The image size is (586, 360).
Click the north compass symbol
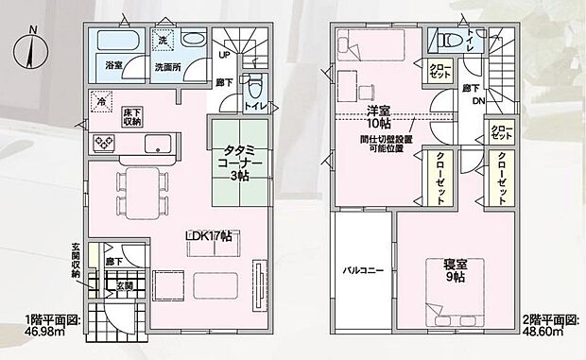point(32,43)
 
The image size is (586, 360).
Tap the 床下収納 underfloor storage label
point(131,116)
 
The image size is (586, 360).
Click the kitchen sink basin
point(157,145)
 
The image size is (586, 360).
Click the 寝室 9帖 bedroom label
point(455,271)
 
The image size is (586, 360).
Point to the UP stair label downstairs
point(223,54)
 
